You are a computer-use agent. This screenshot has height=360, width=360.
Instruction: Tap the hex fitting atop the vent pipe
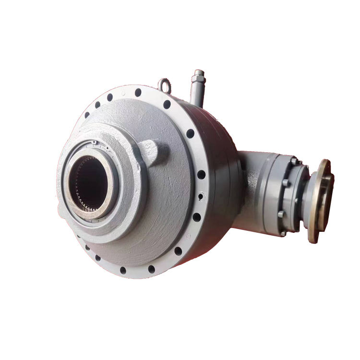pos(198,75)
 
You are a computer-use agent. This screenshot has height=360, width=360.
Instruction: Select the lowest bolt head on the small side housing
pos(283,233)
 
